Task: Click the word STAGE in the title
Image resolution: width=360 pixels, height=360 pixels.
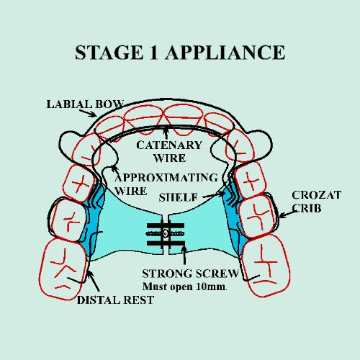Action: point(109,53)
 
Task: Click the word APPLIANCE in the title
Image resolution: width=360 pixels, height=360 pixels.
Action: point(225,53)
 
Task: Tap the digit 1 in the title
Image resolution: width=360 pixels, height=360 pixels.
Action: point(153,53)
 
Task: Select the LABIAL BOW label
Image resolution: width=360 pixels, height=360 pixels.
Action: point(85,104)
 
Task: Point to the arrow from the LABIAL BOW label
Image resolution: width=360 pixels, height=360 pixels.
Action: point(88,113)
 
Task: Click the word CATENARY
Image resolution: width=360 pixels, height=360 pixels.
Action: point(169,145)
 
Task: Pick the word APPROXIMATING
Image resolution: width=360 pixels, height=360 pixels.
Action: point(166,178)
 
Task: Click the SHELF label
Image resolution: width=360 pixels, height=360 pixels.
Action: point(178,197)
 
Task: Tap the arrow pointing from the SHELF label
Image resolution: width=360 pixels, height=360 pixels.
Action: point(214,195)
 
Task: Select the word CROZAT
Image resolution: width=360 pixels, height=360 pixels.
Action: point(316,195)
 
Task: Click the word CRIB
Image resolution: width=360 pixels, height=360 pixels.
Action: point(307,208)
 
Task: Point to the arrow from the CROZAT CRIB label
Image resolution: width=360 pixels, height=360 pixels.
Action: point(288,213)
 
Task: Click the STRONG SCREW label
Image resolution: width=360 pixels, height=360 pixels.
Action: point(191,274)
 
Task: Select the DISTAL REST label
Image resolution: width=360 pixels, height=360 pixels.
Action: point(115,300)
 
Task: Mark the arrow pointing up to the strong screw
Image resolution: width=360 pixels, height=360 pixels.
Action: point(184,255)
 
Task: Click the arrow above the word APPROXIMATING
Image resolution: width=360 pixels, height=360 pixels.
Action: point(115,171)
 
